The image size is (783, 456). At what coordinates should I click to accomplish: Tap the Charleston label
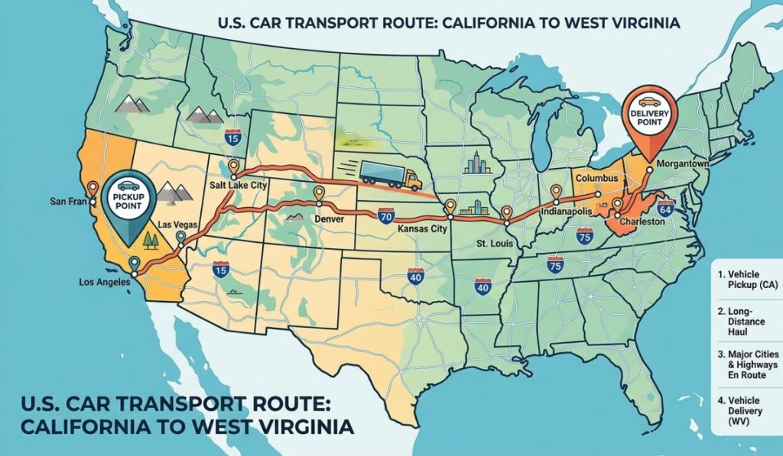[x=638, y=222]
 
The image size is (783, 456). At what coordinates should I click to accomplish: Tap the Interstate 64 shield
[x=664, y=209]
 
